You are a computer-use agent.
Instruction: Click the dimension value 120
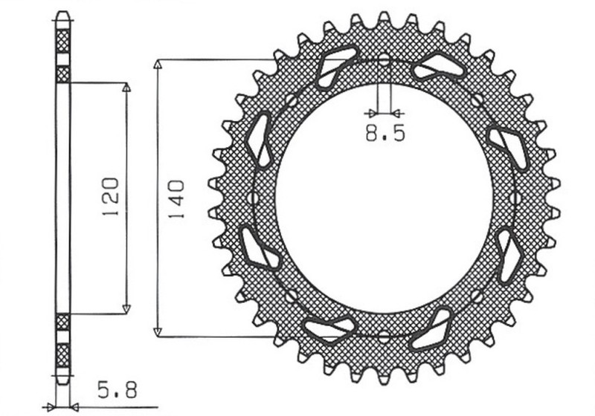(x=110, y=198)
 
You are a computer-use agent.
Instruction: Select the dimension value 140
(x=177, y=198)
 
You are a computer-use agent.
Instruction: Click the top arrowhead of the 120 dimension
(x=126, y=88)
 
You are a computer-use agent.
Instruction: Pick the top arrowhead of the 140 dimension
(x=157, y=64)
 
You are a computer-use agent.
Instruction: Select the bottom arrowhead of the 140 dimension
(x=157, y=331)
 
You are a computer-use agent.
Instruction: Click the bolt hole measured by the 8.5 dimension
(x=384, y=60)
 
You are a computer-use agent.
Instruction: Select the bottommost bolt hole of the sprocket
(x=384, y=336)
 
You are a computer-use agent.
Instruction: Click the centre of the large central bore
(x=384, y=198)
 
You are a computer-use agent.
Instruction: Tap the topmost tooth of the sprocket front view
(x=384, y=18)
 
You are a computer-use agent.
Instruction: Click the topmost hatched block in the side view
(x=63, y=39)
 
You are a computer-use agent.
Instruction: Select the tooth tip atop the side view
(x=63, y=15)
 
